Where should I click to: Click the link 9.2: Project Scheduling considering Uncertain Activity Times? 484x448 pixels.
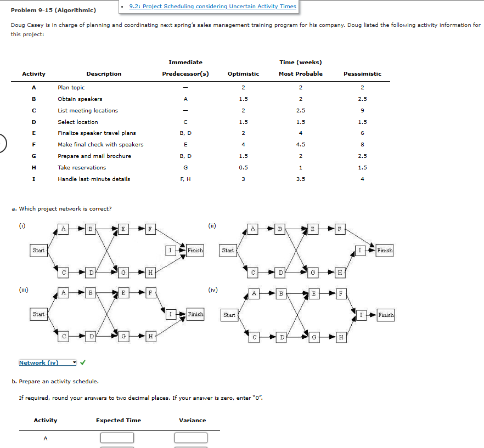(212, 7)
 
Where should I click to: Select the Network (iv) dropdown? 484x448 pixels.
(48, 362)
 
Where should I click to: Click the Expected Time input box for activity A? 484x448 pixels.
(117, 438)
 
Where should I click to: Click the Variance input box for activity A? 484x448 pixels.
(192, 438)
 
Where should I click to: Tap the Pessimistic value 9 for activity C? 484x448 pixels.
(362, 111)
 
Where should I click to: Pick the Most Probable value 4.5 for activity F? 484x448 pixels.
(300, 145)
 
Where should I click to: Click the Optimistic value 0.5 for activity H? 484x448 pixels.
(243, 168)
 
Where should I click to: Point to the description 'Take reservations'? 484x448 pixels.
(82, 168)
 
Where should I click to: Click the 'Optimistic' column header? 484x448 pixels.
(243, 74)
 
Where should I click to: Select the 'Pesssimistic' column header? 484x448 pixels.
(362, 74)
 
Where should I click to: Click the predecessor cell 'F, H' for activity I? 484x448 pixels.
(185, 179)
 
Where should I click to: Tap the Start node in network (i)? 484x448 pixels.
(38, 251)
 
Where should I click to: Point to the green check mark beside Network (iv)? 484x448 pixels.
(83, 362)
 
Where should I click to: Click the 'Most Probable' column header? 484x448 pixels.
(300, 74)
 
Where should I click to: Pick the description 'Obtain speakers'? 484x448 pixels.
(80, 99)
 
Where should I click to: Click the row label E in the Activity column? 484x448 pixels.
(33, 133)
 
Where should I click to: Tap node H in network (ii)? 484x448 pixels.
(340, 271)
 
